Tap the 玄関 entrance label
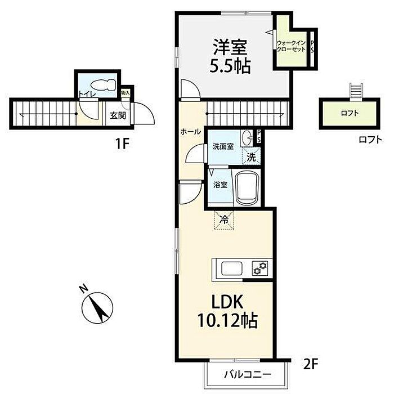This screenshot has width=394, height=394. [118, 115]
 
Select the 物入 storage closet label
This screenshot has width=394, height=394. [126, 93]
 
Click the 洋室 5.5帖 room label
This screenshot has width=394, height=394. [230, 56]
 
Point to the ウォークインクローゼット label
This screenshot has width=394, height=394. [291, 46]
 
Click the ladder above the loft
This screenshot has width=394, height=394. [356, 91]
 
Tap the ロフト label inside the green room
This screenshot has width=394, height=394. [350, 113]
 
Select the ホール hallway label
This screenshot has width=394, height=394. [191, 131]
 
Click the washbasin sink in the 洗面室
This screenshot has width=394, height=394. [248, 138]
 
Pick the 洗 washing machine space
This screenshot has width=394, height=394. [251, 157]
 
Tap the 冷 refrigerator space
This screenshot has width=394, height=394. [224, 220]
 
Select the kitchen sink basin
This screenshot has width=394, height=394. [232, 268]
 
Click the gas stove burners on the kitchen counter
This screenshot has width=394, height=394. [260, 267]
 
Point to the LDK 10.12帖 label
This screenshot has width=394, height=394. [227, 312]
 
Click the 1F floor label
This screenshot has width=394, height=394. [122, 144]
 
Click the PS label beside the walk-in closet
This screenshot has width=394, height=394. [312, 46]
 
